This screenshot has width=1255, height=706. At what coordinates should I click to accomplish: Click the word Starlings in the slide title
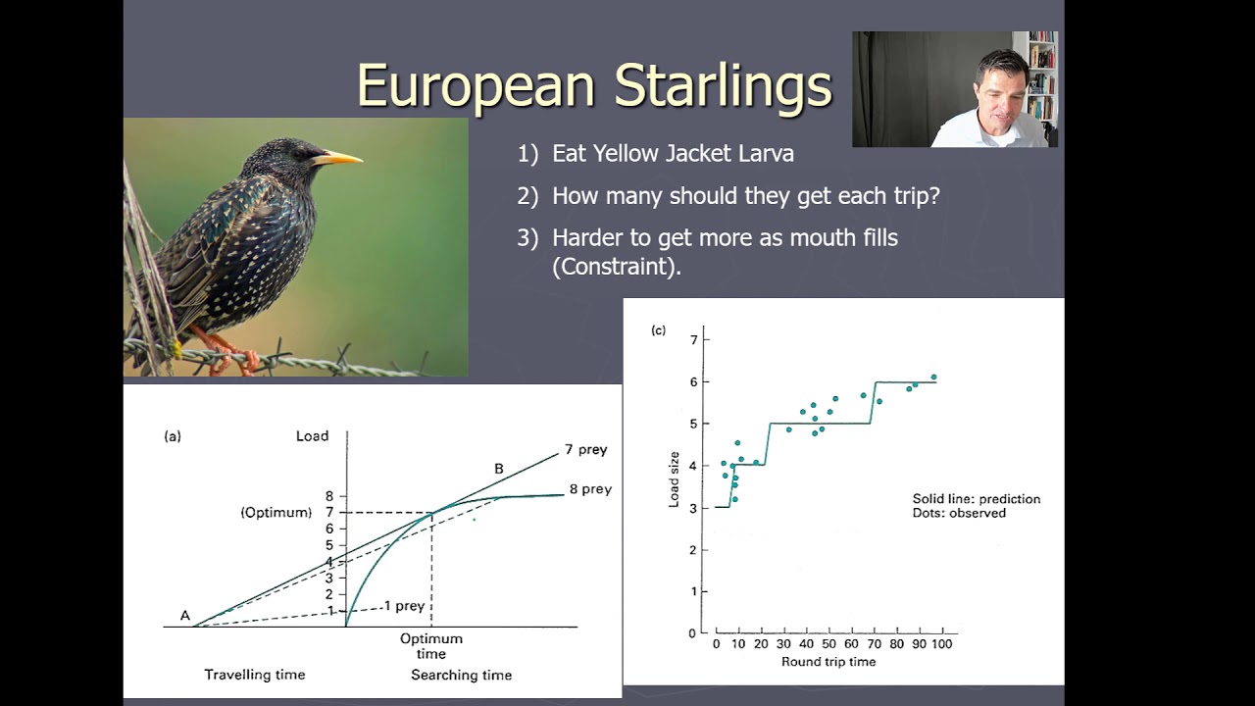pos(723,85)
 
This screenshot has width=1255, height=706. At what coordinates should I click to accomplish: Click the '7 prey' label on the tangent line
pos(585,450)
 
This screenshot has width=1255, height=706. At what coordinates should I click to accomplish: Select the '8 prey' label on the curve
pos(589,489)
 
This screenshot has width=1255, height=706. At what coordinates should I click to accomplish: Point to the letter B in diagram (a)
pos(498,469)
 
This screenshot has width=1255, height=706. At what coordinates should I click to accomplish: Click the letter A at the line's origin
pos(184,616)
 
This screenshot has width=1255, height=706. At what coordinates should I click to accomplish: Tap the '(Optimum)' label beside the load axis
pos(276,513)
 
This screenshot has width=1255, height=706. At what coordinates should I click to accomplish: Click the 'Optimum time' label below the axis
pos(430,646)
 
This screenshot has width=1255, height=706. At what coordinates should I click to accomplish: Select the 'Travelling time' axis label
pos(254,675)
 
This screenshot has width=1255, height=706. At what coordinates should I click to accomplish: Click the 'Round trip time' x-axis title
pos(828,662)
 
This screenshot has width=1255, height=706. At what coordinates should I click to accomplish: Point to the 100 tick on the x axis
pos(940,644)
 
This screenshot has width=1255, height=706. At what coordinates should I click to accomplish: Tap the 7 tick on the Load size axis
pos(693,340)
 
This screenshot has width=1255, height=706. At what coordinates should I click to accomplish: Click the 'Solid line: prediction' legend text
pos(976,499)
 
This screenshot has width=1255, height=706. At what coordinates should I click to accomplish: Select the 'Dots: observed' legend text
pos(958,513)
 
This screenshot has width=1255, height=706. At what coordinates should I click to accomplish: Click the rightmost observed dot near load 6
pos(933,377)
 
